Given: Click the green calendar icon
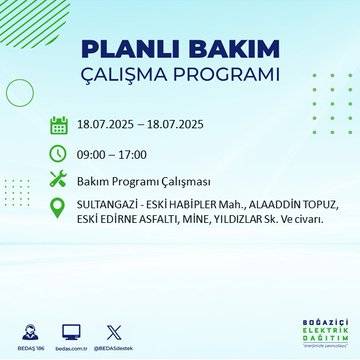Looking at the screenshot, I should tap(59, 126).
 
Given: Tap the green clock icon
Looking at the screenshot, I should tap(59, 154).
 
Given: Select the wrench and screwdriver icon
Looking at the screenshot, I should tap(59, 181).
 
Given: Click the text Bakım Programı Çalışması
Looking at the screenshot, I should tap(143, 181).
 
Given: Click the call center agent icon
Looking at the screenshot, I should tap(30, 330).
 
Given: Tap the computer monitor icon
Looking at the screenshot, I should tap(71, 330).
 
